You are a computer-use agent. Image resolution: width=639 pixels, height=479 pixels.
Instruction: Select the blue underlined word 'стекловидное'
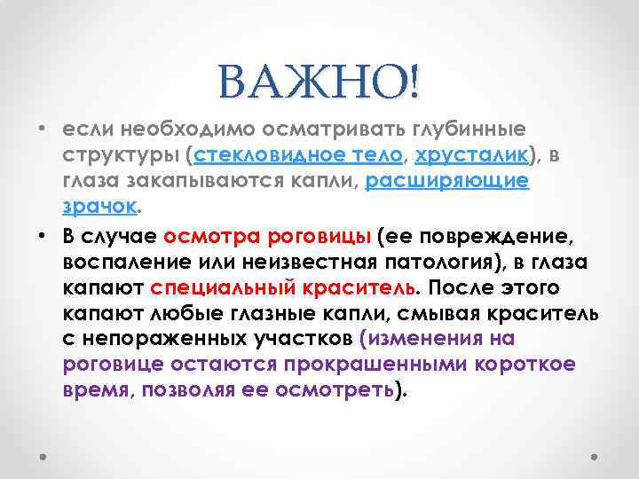pos(257,155)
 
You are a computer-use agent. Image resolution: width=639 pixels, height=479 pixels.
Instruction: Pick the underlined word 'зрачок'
pos(100,207)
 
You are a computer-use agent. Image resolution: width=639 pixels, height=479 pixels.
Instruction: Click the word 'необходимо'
pos(178,130)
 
